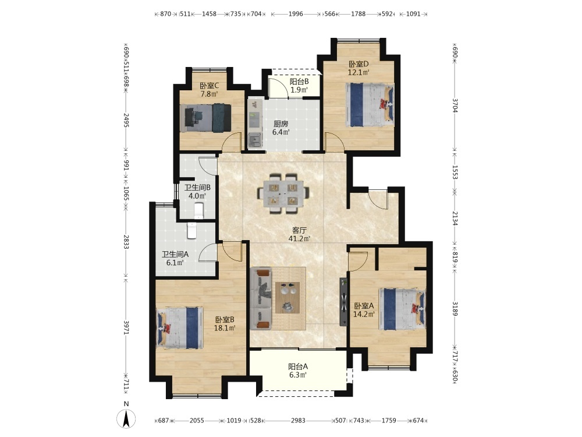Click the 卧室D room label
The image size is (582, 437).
tap(359, 64)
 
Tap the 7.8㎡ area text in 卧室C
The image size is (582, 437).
tap(210, 94)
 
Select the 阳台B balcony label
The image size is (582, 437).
tap(299, 82)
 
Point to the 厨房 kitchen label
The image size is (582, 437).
tap(281, 124)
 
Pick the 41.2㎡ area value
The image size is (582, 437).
tap(300, 238)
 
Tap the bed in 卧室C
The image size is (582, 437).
tap(205, 118)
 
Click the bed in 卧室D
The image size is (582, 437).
tap(370, 104)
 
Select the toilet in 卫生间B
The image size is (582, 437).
tap(199, 210)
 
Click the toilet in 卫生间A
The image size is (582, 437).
tap(192, 230)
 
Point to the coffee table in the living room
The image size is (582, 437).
tap(288, 297)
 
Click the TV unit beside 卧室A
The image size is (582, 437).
tap(343, 302)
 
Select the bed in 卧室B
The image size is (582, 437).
tap(180, 327)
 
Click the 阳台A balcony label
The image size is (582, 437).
tap(298, 366)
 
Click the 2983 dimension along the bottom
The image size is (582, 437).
tap(298, 420)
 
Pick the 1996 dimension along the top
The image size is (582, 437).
tap(296, 14)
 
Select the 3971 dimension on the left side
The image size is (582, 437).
tap(126, 327)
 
